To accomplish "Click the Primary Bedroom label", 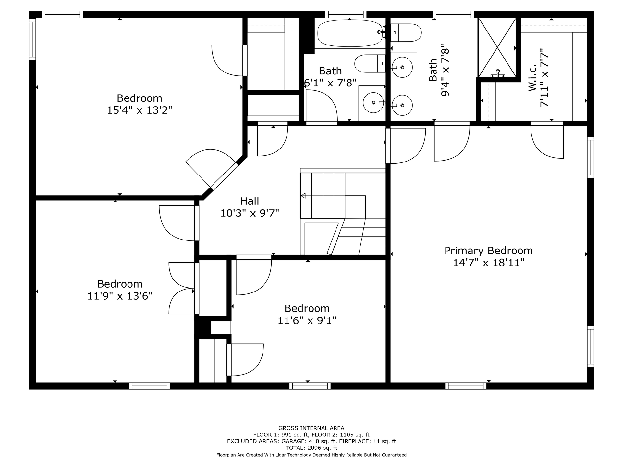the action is (x=488, y=251).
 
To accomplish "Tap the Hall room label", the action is (x=250, y=201).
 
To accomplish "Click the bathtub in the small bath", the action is (x=350, y=33).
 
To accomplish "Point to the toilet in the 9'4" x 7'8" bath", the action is (x=406, y=33).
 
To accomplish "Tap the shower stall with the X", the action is (x=497, y=47).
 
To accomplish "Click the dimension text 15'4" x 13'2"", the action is (x=140, y=110).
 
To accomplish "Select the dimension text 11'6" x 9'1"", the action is (x=307, y=321).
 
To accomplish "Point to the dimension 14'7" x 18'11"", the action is (x=489, y=263).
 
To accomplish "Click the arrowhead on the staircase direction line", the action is (x=303, y=196).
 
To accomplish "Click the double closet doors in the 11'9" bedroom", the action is (x=182, y=288).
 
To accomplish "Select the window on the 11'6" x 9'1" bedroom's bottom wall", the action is (x=310, y=386).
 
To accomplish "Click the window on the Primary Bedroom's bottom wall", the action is (x=466, y=386).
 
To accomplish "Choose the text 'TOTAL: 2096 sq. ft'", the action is (x=311, y=448).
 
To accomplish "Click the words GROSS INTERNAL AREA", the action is (x=311, y=428).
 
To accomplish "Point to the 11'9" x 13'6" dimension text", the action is (x=120, y=296).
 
